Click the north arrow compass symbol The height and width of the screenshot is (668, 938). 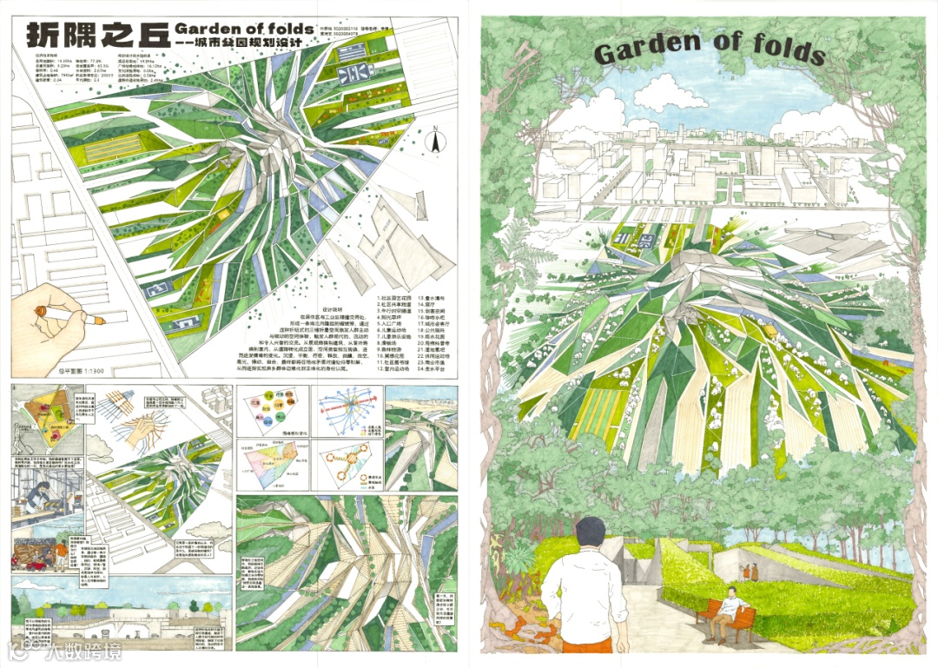click(432, 136)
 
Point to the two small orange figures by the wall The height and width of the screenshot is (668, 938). click(749, 572)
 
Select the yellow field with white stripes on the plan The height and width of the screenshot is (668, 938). click(91, 155)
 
